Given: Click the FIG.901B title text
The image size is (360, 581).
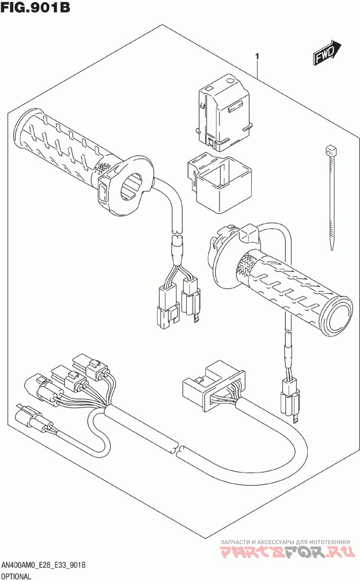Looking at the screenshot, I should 35,8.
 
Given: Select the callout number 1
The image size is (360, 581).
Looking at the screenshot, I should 257,57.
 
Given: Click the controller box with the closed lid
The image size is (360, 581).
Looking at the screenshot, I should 222,111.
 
